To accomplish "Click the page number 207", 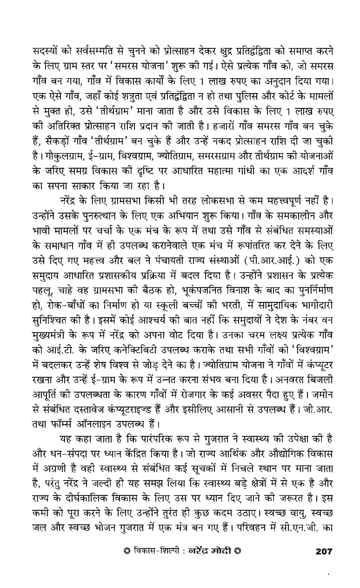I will tap(324, 551).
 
